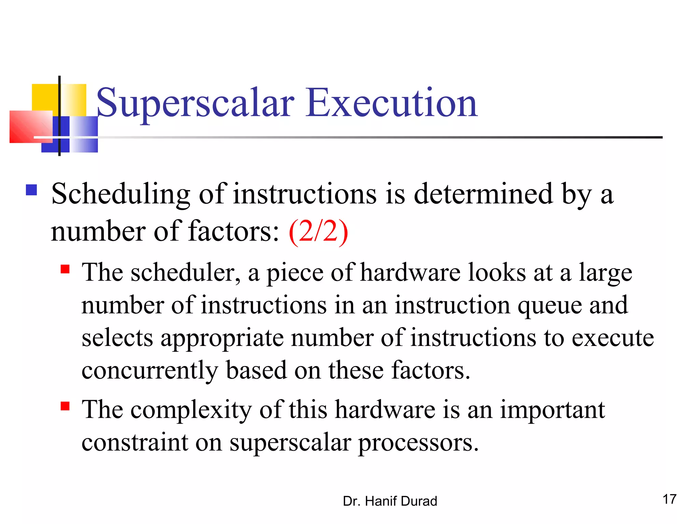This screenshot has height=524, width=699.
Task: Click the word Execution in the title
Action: pos(391,103)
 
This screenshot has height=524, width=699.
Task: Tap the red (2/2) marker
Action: pos(318,232)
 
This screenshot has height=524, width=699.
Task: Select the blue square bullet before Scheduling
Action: pos(31,190)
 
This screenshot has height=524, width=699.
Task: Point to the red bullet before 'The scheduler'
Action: pos(65,270)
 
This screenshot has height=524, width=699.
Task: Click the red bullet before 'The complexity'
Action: pos(65,406)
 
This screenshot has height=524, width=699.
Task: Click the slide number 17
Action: pos(669,499)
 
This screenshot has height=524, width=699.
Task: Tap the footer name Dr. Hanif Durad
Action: pos(390,501)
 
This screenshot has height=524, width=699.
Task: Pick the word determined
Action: pos(483,194)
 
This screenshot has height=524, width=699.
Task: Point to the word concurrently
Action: pos(150,371)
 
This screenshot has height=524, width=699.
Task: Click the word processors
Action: pos(418,443)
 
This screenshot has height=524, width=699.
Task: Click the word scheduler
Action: pos(183,273)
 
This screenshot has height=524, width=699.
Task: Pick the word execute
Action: pos(613,338)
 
